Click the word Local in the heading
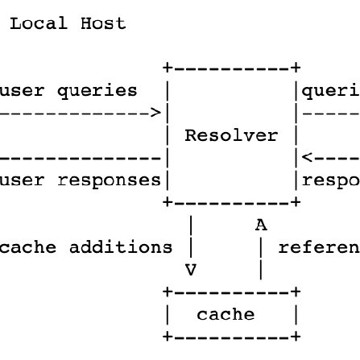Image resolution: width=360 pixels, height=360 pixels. click(x=39, y=23)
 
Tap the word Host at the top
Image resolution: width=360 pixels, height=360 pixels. click(x=102, y=23)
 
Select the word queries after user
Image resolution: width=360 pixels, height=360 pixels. click(x=97, y=91)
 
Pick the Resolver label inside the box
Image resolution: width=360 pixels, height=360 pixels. click(x=231, y=135)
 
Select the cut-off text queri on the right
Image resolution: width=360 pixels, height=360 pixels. click(x=330, y=91)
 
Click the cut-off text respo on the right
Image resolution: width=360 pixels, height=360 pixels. click(x=330, y=180)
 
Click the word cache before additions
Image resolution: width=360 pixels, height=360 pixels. click(x=28, y=248)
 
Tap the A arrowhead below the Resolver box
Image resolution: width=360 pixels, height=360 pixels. click(x=260, y=226)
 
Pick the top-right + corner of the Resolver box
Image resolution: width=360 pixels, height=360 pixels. click(x=296, y=68)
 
